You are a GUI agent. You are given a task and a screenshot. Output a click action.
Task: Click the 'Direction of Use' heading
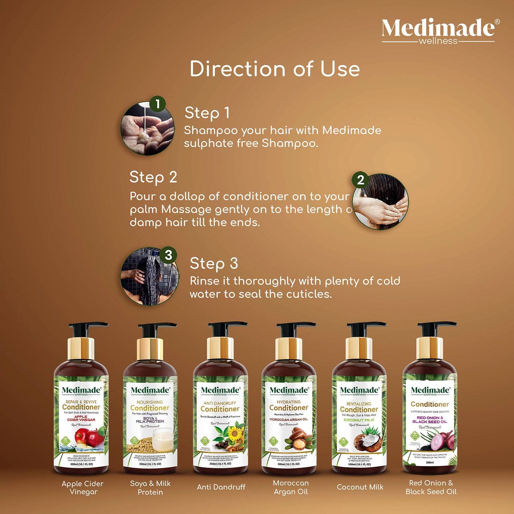click(274, 69)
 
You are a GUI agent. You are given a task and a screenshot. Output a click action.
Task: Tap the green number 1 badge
click(158, 104)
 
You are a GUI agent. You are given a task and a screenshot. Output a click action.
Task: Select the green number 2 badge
click(360, 180)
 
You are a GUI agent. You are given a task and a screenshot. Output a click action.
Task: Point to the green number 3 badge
click(168, 255)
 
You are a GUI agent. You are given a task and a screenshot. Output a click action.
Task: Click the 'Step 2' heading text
click(153, 177)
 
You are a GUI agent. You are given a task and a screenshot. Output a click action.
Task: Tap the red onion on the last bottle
click(441, 441)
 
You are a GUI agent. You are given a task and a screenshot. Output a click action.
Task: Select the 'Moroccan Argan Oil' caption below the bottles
click(291, 487)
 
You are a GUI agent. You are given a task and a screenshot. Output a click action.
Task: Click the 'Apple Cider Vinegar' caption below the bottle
click(83, 488)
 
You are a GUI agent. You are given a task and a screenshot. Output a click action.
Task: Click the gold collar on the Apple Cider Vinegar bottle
click(81, 349)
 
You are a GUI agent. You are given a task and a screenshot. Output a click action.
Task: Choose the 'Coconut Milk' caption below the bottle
click(360, 487)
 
